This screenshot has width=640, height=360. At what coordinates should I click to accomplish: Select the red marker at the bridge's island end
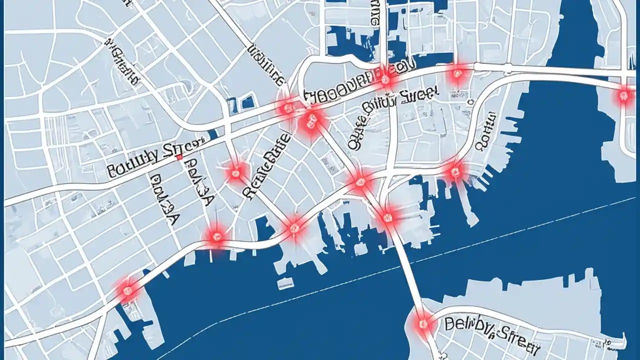(422, 322)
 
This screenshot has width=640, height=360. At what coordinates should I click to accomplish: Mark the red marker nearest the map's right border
(623, 95)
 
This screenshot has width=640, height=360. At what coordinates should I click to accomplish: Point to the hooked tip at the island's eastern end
(623, 340)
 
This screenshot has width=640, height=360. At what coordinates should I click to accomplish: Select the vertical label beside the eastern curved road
(487, 131)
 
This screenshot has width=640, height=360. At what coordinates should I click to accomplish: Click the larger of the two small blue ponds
(247, 103)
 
